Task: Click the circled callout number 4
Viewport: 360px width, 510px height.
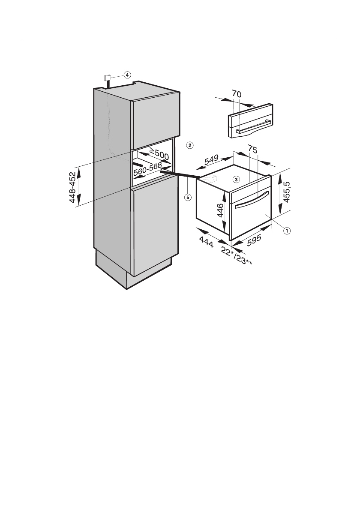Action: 127,75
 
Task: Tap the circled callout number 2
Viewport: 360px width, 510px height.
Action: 189,145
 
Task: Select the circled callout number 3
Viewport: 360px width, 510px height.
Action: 236,178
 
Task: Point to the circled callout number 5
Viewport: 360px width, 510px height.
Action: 187,198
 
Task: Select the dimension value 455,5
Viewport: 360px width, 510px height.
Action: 286,194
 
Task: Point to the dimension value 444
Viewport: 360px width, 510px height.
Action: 207,244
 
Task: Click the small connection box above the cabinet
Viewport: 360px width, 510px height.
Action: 107,78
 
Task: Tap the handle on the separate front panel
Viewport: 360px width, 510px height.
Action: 252,127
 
